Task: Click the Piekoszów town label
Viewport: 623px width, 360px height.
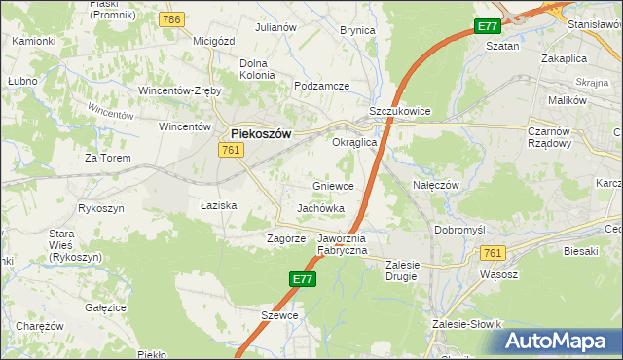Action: point(260,135)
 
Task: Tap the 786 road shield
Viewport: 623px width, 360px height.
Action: point(173,20)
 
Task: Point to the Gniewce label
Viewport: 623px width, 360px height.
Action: point(333,186)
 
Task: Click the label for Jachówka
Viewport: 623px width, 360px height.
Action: point(321,208)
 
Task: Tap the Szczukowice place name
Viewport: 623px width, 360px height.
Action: point(399,112)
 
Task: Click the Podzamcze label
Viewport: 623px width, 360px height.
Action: point(321,86)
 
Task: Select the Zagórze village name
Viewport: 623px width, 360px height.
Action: point(287,237)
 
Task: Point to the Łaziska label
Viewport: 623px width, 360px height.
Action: point(219,206)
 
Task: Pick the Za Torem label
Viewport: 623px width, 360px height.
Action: point(107,157)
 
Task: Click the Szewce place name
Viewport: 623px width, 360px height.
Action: point(278,315)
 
